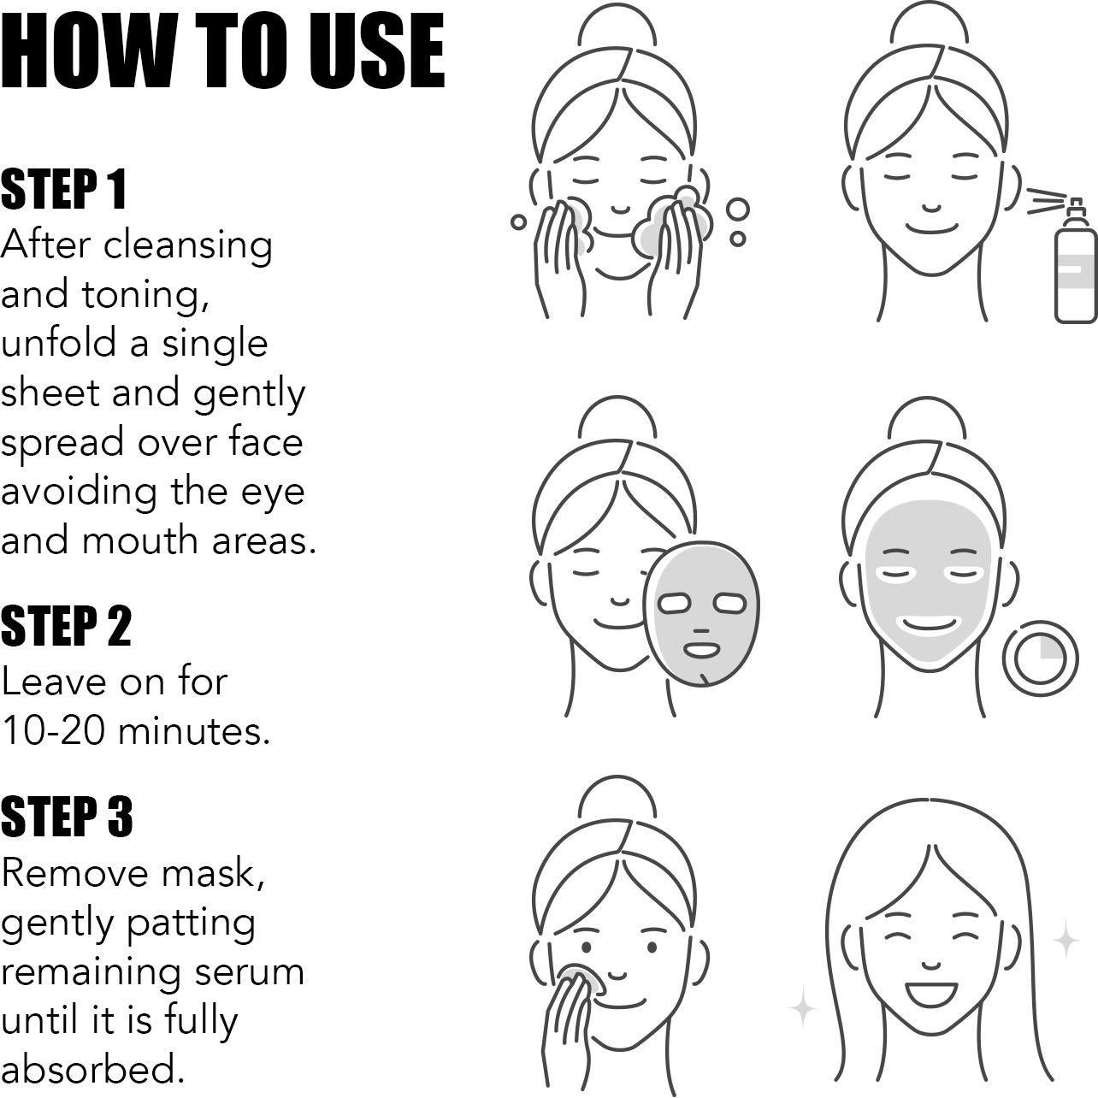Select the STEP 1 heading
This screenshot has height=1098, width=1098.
tap(64, 190)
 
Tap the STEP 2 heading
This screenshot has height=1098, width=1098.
tap(66, 627)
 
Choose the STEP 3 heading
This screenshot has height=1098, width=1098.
tap(67, 817)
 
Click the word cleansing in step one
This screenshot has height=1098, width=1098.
tap(188, 245)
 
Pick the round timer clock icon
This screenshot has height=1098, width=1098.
tap(1040, 658)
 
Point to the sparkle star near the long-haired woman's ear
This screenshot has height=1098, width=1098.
tap(1066, 940)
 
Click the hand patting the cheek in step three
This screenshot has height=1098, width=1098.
tap(569, 1018)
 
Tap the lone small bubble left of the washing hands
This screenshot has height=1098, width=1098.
tap(518, 222)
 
